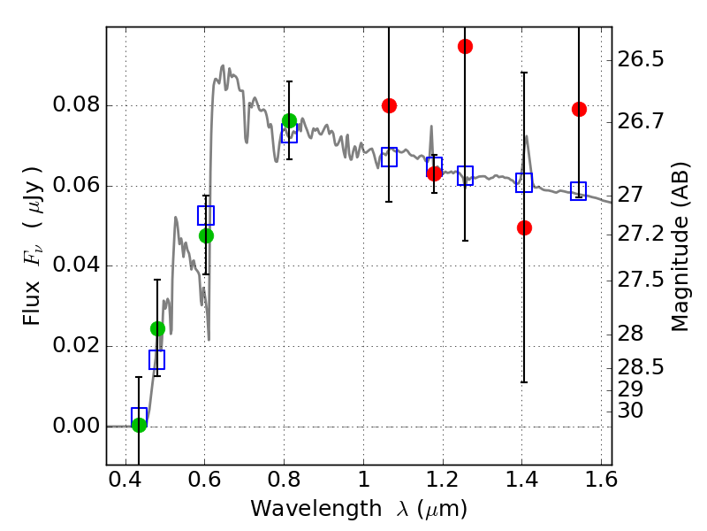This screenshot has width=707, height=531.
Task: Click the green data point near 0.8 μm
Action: [x=289, y=120]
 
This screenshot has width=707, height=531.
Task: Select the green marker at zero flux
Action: [x=139, y=425]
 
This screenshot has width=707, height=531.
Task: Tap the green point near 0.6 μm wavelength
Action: [x=206, y=235]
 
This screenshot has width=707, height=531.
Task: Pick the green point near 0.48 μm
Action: [x=157, y=328]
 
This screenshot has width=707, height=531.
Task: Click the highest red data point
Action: [x=465, y=46]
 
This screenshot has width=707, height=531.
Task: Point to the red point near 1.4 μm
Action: [x=524, y=227]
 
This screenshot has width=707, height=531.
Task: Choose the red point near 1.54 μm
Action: [x=579, y=109]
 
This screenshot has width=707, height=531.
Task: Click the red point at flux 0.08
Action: [x=389, y=105]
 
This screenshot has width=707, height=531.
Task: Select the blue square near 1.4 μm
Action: [x=524, y=183]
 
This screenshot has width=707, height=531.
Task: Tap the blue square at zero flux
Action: [x=139, y=417]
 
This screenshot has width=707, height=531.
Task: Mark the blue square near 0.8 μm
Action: [x=289, y=134]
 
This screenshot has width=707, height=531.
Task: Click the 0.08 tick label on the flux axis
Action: [x=77, y=106]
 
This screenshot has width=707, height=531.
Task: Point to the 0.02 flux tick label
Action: [x=77, y=346]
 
